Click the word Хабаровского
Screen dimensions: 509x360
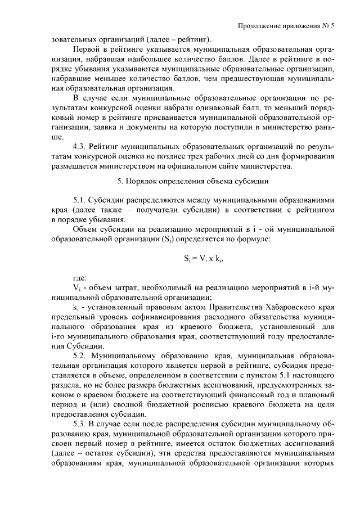pos(280,307)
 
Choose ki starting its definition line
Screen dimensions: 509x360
pos(76,307)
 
